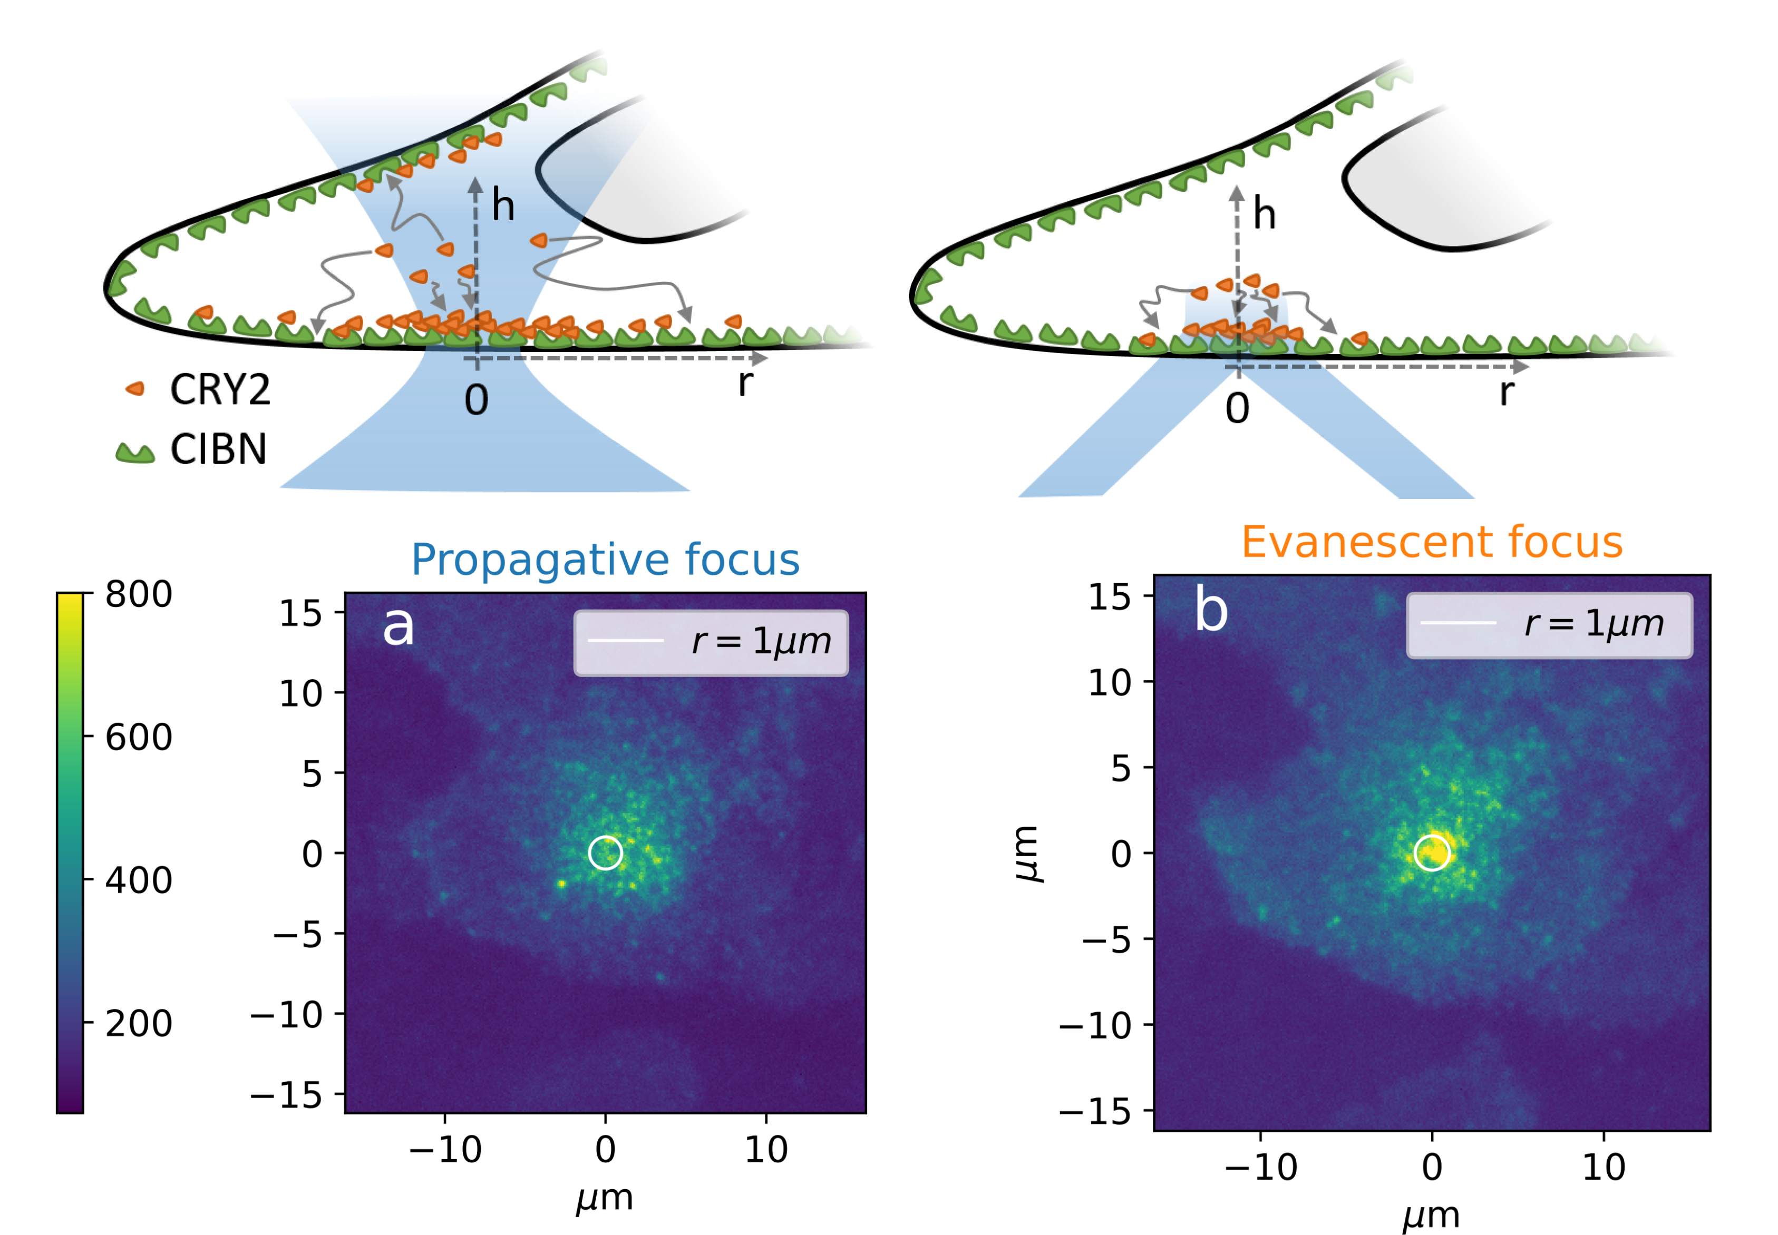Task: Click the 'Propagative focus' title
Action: point(605,560)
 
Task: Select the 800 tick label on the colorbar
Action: point(139,594)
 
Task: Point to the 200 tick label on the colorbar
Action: point(139,1023)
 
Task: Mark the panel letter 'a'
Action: point(398,625)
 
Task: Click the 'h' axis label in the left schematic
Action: point(503,206)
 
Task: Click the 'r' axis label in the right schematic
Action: point(1505,391)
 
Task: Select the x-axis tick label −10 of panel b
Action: point(1261,1167)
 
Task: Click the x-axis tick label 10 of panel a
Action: point(766,1150)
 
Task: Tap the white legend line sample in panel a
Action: point(625,641)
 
